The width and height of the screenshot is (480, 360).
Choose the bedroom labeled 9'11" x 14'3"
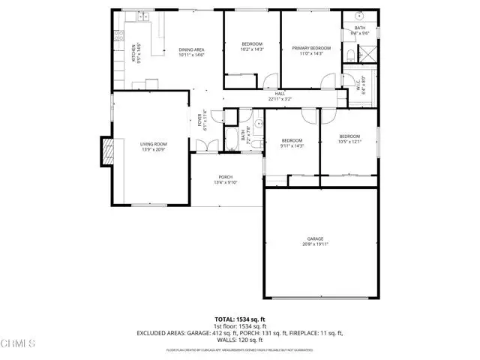292,143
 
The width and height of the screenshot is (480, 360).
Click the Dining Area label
192,53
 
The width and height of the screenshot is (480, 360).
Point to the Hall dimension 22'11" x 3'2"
278,96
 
